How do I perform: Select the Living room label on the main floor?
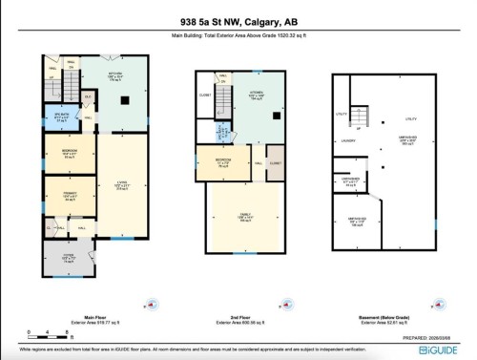pyautogui.click(x=121, y=184)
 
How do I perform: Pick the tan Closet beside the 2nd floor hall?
pyautogui.click(x=275, y=163)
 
